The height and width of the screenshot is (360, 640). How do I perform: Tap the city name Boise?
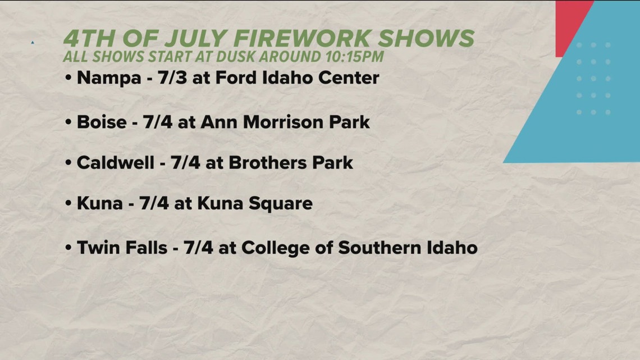(x=102, y=121)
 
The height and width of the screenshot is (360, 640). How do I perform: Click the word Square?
(x=280, y=203)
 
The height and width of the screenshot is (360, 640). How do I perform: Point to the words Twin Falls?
(x=122, y=247)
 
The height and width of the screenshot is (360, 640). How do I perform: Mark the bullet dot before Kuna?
(x=68, y=204)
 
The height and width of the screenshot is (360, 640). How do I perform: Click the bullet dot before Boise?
(x=68, y=122)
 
